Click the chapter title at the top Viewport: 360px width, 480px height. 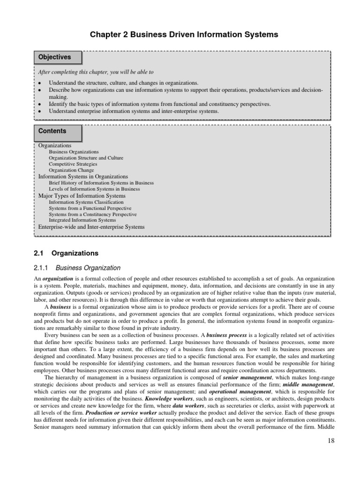(180, 35)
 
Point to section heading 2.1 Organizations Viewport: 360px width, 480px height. (67, 253)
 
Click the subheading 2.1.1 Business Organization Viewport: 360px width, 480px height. (77, 268)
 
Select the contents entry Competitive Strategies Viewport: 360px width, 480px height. (73, 165)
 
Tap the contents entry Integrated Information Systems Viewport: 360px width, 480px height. (82, 220)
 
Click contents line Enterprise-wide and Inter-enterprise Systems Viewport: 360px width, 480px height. (91, 226)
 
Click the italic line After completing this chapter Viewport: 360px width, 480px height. (96, 72)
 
